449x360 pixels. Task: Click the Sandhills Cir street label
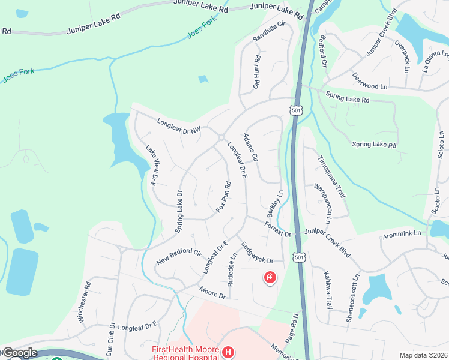point(268,31)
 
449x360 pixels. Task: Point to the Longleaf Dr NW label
point(178,124)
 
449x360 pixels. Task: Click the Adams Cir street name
point(250,148)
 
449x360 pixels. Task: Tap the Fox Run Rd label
point(223,196)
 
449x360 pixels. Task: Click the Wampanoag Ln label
point(323,203)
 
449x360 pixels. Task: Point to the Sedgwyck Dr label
point(258,252)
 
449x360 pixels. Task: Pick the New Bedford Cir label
point(178,257)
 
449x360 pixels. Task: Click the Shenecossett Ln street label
point(353,299)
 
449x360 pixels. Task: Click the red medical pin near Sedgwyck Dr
point(270,278)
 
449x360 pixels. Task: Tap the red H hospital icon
point(228,352)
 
